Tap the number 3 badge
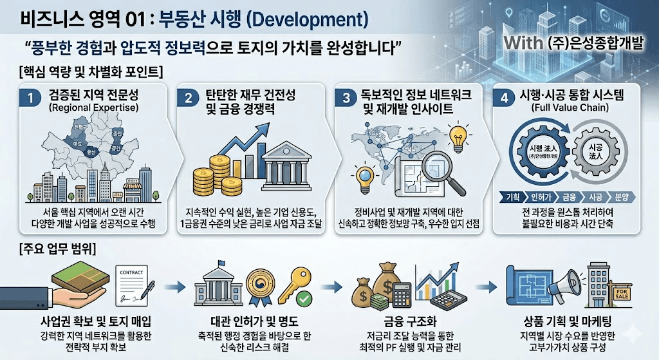[x=346, y=99]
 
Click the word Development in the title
[x=308, y=19]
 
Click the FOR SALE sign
[x=622, y=296]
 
